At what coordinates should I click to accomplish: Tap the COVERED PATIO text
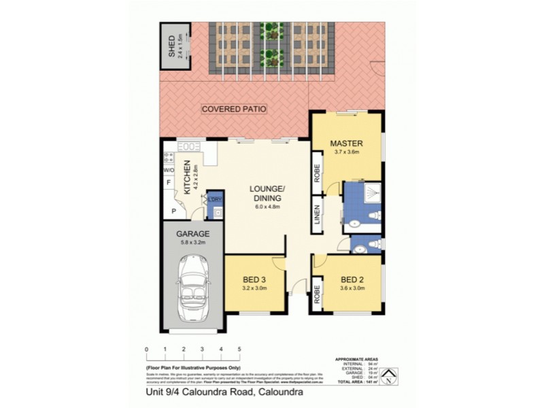[x=234, y=109]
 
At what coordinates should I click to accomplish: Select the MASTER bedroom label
[x=346, y=143]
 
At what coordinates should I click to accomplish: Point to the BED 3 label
[x=256, y=279]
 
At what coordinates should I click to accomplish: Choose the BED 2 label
[x=352, y=279]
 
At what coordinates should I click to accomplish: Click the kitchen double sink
[x=190, y=146]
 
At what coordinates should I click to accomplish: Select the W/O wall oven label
[x=168, y=170]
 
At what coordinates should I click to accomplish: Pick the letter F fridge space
[x=167, y=184]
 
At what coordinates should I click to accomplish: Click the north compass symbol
[x=388, y=377]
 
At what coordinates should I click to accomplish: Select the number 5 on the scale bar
[x=239, y=350]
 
